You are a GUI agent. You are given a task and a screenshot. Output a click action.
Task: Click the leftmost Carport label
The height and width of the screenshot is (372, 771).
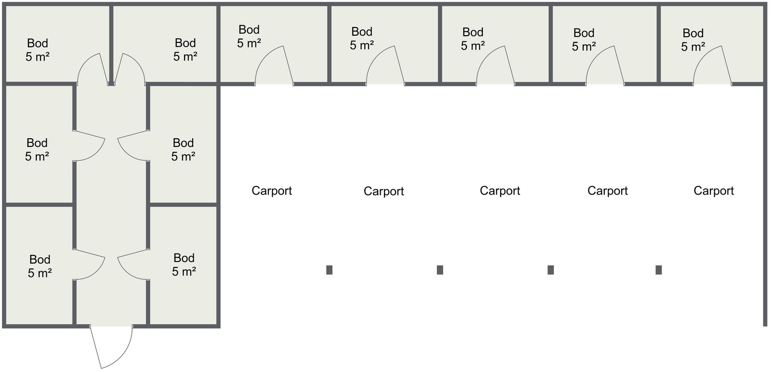(x=272, y=191)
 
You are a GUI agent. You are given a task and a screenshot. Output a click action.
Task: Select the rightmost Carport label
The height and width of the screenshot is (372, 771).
(x=714, y=191)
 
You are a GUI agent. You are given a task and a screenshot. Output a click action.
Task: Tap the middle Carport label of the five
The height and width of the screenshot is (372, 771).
(x=500, y=191)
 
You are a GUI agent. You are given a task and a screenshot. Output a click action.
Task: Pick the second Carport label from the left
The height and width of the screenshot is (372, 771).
(x=384, y=191)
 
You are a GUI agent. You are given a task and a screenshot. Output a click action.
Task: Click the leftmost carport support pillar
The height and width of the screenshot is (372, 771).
(x=330, y=270)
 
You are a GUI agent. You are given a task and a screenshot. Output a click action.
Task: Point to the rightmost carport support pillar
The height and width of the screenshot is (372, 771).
(x=658, y=270)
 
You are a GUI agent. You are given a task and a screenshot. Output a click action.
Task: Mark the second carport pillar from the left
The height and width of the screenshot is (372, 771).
(x=440, y=270)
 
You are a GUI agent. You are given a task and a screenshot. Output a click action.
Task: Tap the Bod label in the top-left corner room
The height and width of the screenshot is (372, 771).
(x=38, y=43)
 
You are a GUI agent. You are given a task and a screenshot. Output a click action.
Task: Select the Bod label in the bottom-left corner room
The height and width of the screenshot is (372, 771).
(x=40, y=259)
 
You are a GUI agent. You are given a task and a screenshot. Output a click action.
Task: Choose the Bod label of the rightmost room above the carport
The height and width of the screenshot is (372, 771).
(x=693, y=33)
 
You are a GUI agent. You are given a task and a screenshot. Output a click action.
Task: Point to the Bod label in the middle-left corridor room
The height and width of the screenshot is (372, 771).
(x=37, y=143)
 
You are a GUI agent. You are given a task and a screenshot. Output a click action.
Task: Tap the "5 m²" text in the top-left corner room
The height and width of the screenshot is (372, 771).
(x=38, y=57)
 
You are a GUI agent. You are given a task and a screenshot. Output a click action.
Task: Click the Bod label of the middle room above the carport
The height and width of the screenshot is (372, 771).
(x=473, y=32)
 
